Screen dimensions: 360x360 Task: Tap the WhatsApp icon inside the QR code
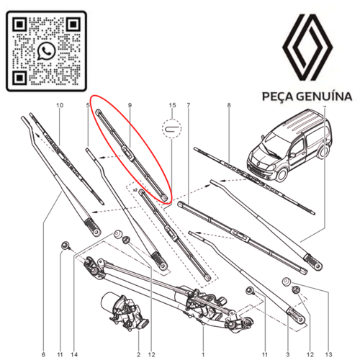tap(48, 50)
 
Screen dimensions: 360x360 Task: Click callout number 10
tap(60, 106)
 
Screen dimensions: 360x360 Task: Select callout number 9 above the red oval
tap(130, 106)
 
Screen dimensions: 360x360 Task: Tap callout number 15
tap(172, 106)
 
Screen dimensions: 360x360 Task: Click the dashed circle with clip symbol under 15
tap(171, 129)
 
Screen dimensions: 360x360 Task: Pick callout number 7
tap(188, 106)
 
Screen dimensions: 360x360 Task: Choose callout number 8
tap(228, 106)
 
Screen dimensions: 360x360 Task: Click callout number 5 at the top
tap(88, 106)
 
